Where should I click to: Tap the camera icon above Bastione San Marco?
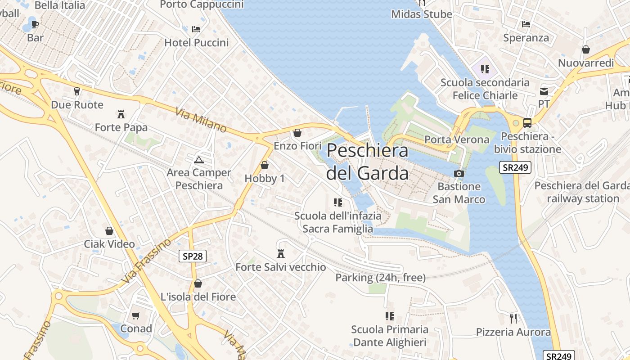(x=459, y=173)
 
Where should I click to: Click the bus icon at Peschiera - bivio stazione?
(x=527, y=122)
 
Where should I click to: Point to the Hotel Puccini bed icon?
(x=196, y=29)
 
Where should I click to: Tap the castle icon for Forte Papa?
(x=121, y=114)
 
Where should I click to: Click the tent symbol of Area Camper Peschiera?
(x=198, y=159)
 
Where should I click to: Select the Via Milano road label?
(x=201, y=120)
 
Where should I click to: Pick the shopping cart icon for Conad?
(x=136, y=315)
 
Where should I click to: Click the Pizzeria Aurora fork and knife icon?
(x=513, y=319)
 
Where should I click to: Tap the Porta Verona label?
(x=457, y=139)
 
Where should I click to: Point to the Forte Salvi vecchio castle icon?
(x=281, y=254)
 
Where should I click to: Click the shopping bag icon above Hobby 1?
(x=265, y=165)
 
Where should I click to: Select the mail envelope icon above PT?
(x=544, y=91)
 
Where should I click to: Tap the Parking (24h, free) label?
(x=380, y=278)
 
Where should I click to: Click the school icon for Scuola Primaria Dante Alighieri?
(x=389, y=316)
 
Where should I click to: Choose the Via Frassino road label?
(x=146, y=261)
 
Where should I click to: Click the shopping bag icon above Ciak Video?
(x=109, y=231)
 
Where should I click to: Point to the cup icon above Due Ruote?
(x=77, y=91)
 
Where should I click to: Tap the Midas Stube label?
(x=422, y=14)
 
